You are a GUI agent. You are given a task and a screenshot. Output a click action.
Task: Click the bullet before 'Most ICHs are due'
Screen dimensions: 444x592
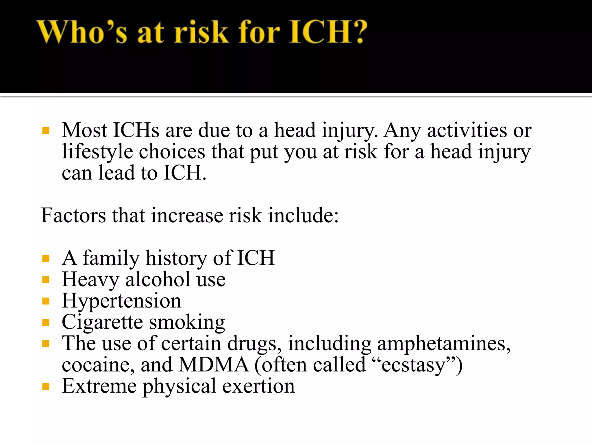(46, 131)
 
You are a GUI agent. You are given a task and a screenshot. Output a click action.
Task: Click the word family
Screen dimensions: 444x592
(111, 258)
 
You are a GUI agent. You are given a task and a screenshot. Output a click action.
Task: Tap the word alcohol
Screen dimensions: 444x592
(158, 280)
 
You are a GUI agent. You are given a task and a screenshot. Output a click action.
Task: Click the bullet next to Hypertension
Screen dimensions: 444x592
(46, 301)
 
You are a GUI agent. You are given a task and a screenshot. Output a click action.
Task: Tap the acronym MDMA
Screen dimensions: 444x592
(214, 365)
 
